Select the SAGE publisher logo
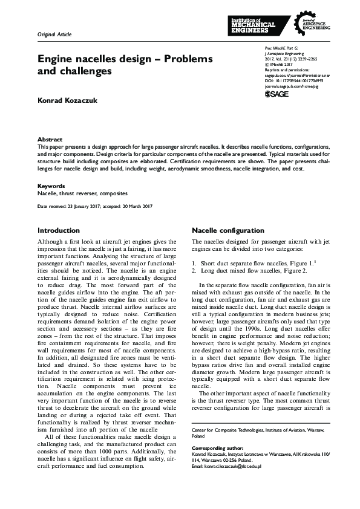point(277,94)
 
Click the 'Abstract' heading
point(50,138)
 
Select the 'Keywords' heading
point(51,186)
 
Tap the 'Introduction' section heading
point(58,230)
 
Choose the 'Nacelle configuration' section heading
point(227,230)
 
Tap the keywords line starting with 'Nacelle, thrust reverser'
point(82,193)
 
